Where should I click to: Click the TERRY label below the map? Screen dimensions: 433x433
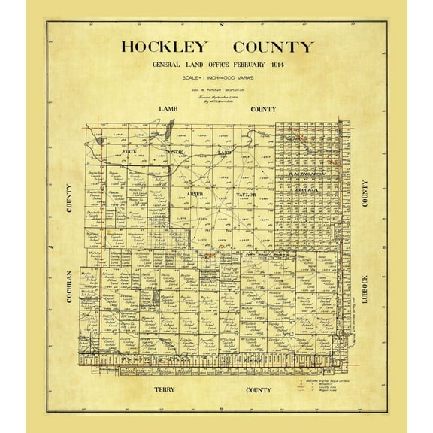(165, 391)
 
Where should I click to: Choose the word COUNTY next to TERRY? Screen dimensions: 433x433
(259, 391)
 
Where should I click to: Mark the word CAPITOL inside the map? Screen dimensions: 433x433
(175, 152)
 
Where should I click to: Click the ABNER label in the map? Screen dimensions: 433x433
(195, 194)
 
